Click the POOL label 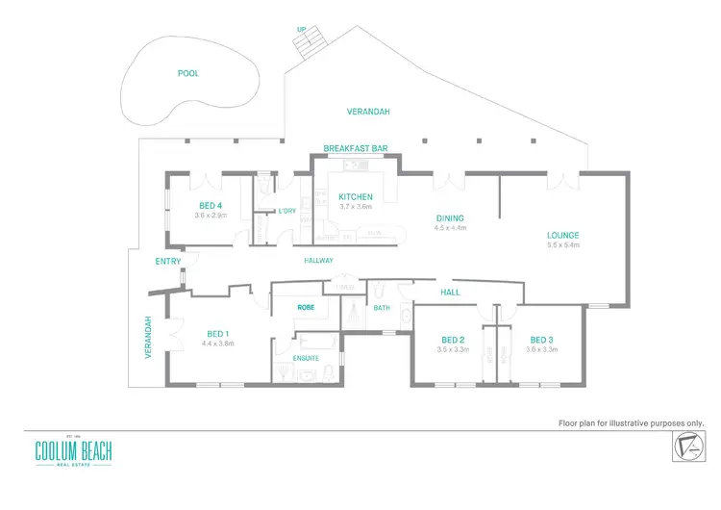188,73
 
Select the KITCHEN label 355,197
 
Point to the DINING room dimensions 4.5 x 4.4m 450,228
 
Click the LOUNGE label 562,236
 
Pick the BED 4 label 211,206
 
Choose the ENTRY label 168,261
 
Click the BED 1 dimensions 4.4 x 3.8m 214,344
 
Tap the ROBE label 306,308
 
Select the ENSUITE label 306,357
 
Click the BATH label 382,308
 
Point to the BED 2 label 453,340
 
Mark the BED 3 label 541,340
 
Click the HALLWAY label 318,261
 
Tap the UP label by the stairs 302,29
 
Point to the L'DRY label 286,211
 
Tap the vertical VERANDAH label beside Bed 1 148,338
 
